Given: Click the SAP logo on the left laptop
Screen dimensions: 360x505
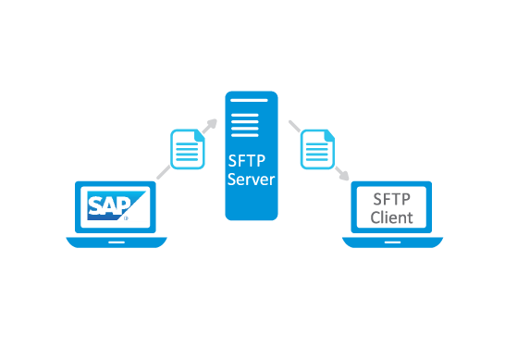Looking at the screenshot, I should (x=117, y=206).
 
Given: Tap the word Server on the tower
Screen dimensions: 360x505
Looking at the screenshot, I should (x=252, y=180).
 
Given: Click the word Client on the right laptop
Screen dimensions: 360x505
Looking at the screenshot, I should (x=392, y=217).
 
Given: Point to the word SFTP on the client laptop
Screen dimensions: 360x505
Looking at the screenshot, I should (x=392, y=198).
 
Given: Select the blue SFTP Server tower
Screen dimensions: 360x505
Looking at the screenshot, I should (x=252, y=155).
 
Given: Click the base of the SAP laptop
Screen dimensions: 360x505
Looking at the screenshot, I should (x=117, y=242).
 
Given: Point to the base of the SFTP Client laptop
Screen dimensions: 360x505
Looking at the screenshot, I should (x=393, y=242).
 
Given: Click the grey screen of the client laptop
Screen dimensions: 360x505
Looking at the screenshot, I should (x=392, y=208).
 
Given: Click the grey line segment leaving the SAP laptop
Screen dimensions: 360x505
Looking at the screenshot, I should (x=163, y=170).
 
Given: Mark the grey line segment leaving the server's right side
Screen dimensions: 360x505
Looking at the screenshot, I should (x=294, y=125).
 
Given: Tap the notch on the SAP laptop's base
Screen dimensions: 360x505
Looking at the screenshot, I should (x=117, y=241).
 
